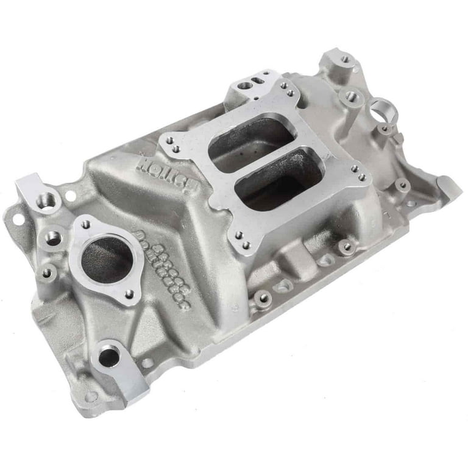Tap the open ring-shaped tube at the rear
[383, 111]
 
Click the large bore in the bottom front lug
[108, 356]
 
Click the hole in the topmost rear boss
[345, 60]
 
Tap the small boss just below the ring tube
[385, 129]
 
